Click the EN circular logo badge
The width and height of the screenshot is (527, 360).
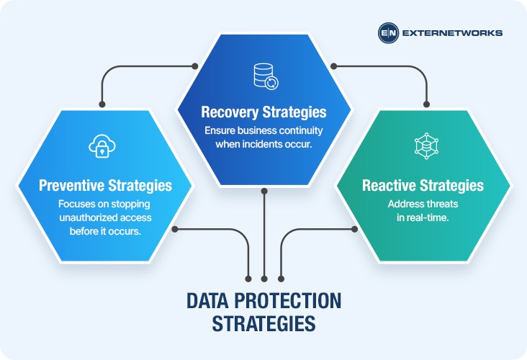tap(388, 33)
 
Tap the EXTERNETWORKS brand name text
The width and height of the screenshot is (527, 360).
tap(452, 33)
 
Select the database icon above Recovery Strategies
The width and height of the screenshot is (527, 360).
tap(266, 76)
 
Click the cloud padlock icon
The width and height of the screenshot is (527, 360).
tap(102, 146)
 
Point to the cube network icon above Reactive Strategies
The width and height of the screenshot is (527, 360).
tap(426, 146)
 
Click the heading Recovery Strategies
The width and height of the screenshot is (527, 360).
tap(263, 112)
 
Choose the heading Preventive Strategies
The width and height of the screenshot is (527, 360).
tap(106, 185)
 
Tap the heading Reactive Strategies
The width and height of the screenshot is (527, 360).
tap(423, 185)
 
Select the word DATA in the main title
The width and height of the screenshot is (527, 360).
tap(207, 301)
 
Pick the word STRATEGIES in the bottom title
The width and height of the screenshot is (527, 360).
tap(263, 323)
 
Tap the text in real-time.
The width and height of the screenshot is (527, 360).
tap(423, 217)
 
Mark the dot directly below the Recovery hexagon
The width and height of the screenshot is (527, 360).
tap(264, 192)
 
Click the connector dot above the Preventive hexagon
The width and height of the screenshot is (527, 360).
tap(102, 104)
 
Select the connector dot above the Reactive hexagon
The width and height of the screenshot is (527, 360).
tap(426, 104)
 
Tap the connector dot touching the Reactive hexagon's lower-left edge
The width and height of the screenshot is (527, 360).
tap(354, 229)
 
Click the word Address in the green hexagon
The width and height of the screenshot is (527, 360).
tap(403, 204)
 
